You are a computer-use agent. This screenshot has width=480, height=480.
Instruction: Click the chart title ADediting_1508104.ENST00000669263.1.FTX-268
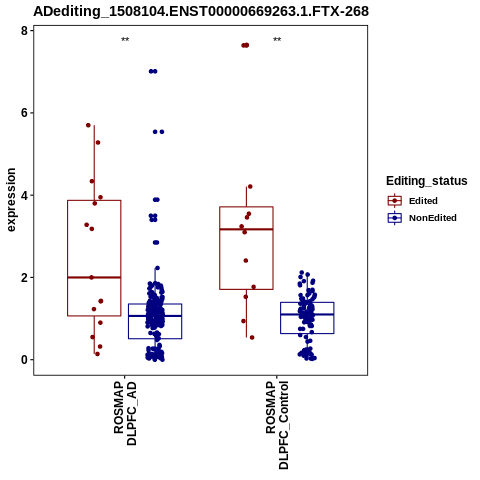pos(201,11)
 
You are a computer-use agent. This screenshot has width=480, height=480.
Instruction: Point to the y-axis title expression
pos(11,200)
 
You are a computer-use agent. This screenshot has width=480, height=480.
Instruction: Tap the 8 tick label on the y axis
pos(24,31)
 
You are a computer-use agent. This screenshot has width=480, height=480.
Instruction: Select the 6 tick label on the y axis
pos(24,113)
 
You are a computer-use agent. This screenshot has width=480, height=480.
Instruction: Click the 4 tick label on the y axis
pos(24,195)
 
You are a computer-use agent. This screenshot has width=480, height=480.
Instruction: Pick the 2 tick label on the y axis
pos(24,277)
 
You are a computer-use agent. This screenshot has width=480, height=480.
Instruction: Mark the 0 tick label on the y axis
pos(24,360)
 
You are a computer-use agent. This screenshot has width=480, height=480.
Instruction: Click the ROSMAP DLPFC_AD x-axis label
pos(125,413)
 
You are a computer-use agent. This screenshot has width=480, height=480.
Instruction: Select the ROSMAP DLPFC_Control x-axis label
pos(277,425)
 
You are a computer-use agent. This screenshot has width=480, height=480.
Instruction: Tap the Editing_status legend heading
pos(427,181)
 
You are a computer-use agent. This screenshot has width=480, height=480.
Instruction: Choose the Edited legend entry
pos(423,201)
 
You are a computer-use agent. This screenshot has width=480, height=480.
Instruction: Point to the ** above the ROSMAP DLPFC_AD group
pos(125,40)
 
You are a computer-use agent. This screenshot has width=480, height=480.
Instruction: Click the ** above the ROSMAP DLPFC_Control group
pos(277,40)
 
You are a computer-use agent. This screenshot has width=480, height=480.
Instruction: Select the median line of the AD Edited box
pos(94,277)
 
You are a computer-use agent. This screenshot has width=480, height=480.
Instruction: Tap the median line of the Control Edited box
pos(246,229)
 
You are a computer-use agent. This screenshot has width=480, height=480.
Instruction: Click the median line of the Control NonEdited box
pos(307,314)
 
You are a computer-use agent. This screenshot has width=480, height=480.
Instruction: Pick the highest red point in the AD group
pos(88,125)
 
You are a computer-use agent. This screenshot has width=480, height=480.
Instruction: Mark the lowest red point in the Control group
pos(252,338)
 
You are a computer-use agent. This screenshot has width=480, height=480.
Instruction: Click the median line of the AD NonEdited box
pos(155,316)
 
